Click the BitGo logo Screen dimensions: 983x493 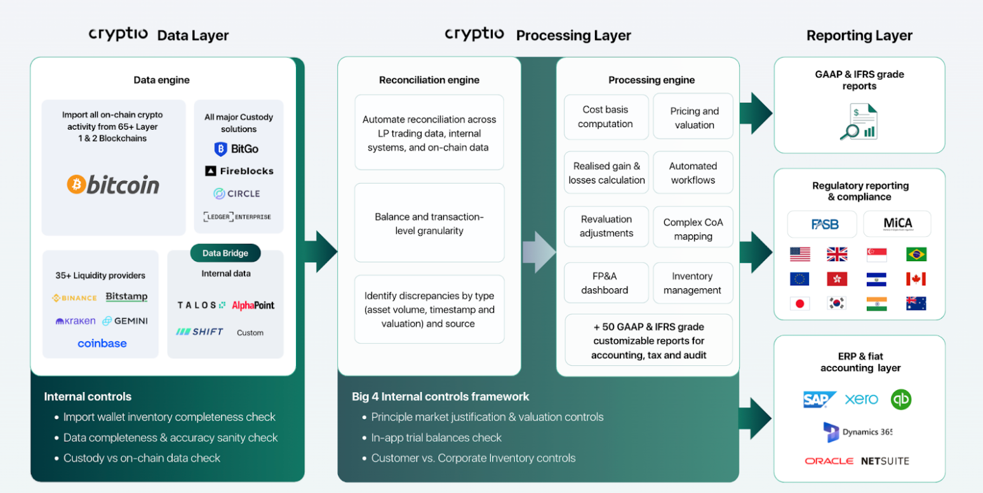coord(236,149)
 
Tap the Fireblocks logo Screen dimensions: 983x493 coord(239,171)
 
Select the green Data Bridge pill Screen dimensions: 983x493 coord(225,253)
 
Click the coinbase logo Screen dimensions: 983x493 coord(102,343)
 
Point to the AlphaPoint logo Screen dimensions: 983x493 coord(253,305)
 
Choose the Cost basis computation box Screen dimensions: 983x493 coord(606,117)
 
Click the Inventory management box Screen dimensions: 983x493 coord(693,283)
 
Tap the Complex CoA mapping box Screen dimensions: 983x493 coord(693,229)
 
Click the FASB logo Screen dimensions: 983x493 coord(824,224)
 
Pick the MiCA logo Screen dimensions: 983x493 coord(897,224)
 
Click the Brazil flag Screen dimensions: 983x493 coord(916,254)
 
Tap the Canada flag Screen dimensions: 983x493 coord(916,279)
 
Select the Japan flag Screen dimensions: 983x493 coord(799,303)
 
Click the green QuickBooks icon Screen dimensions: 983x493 coord(901,400)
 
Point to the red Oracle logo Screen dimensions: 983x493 coord(829,461)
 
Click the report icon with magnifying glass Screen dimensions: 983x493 coord(859,121)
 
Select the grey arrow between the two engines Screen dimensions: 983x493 coord(539,252)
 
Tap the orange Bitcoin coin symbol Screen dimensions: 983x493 coord(76,184)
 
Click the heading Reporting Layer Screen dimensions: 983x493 coord(859,35)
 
